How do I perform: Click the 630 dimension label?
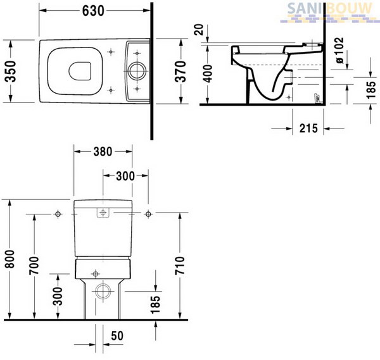[x=93, y=11]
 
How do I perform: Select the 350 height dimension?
[x=11, y=71]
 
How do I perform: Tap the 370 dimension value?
[x=180, y=71]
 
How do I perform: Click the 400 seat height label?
[x=208, y=73]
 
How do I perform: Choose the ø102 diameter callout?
[x=340, y=51]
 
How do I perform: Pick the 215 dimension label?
[x=308, y=128]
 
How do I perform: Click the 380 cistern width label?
[x=103, y=152]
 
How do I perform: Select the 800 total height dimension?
[x=10, y=259]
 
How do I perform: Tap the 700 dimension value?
[x=34, y=266]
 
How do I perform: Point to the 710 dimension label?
[x=180, y=266]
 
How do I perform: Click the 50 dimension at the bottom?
[x=117, y=336]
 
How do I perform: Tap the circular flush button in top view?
[x=137, y=71]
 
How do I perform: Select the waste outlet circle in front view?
[x=103, y=291]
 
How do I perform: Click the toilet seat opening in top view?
[x=80, y=71]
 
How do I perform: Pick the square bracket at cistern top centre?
[x=103, y=213]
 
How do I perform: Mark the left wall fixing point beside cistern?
[x=58, y=214]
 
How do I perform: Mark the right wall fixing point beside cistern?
[x=148, y=214]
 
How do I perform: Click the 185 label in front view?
[x=155, y=304]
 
